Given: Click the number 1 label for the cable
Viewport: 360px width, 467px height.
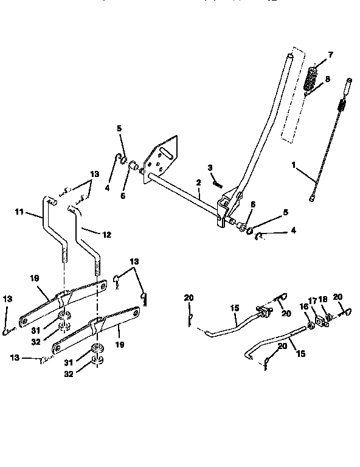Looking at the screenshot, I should [295, 164].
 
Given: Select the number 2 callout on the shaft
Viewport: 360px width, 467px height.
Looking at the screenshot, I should [198, 182].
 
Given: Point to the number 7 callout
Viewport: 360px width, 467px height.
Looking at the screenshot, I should [331, 55].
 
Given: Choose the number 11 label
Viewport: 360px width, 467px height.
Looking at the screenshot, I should [19, 212].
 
